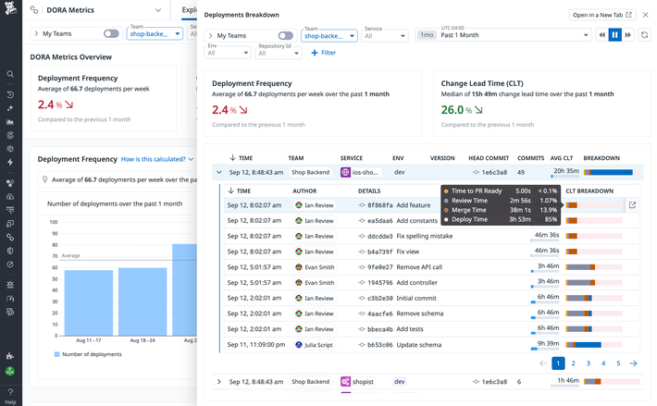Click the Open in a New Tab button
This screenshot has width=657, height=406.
coord(602,15)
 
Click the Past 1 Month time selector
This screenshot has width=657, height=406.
coord(514,35)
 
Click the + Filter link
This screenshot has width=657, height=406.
coord(323,53)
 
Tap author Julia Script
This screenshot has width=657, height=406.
coord(314,345)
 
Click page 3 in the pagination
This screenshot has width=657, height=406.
coord(589,363)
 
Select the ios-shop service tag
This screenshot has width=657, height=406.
coord(359,172)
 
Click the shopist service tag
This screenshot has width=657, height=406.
coord(358,381)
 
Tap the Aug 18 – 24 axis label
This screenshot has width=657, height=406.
coord(143,340)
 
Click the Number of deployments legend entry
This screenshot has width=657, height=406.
coord(92,354)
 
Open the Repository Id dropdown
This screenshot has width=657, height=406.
coord(278,53)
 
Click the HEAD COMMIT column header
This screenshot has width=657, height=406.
coord(489,158)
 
